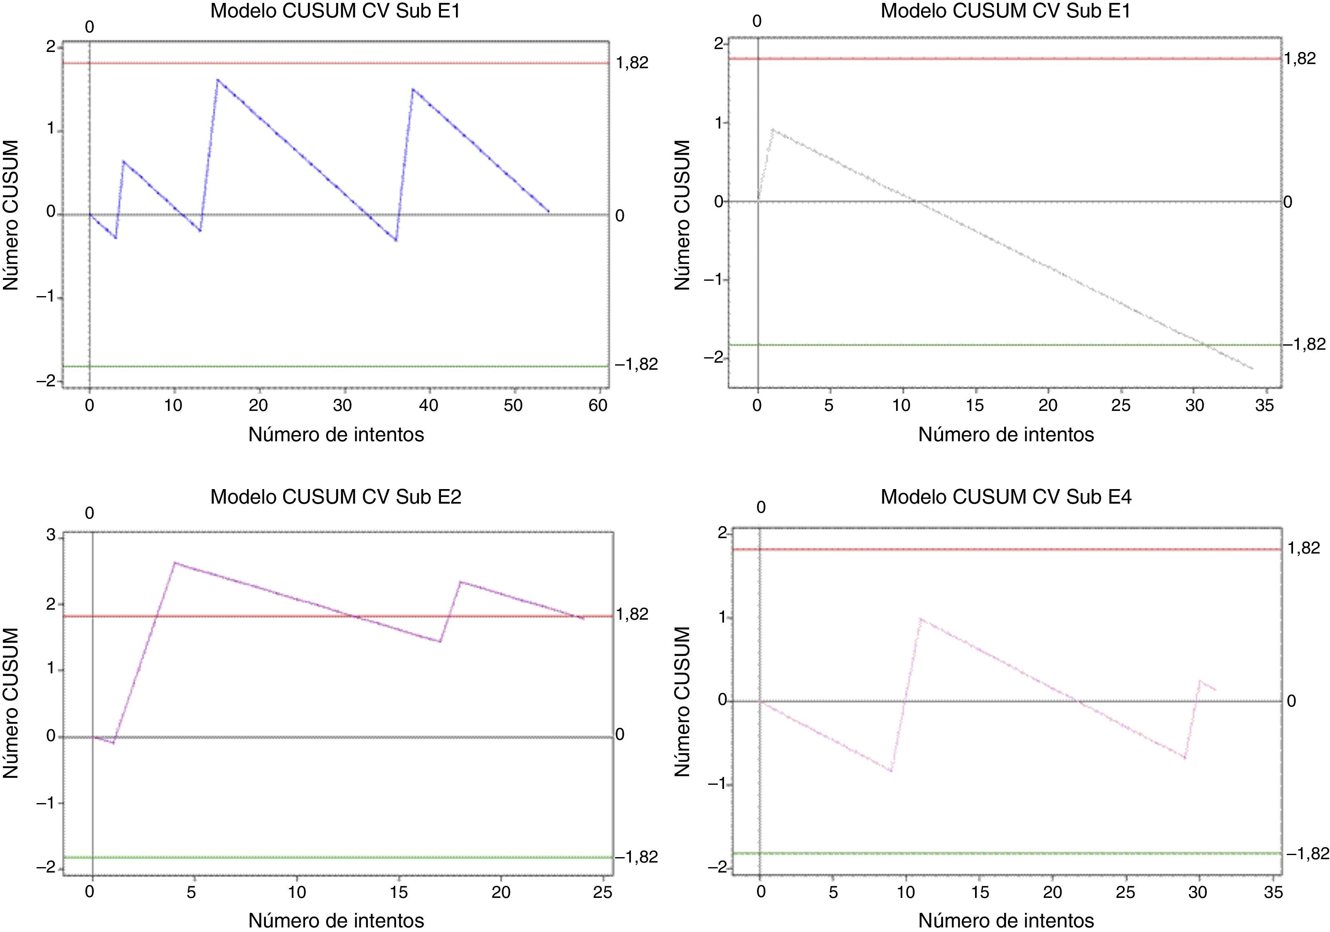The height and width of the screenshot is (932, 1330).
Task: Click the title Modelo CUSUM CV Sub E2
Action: click(335, 497)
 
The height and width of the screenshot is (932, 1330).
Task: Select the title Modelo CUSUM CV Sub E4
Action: click(1006, 497)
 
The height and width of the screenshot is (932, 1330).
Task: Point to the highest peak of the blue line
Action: click(217, 79)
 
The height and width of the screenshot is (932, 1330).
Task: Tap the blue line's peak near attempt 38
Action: click(412, 89)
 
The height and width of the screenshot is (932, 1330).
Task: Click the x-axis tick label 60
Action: click(598, 405)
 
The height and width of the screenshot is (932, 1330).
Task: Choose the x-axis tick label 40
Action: click(429, 405)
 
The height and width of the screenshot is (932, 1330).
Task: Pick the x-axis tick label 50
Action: click(513, 405)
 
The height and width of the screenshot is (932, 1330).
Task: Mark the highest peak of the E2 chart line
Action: click(175, 562)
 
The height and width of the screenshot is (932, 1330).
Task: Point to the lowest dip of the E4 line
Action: click(890, 771)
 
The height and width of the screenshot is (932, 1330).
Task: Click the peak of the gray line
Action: click(773, 129)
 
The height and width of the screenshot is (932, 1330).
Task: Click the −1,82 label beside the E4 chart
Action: click(1308, 853)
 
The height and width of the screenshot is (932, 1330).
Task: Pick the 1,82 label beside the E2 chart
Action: click(633, 614)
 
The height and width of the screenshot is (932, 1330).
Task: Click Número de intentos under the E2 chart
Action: click(336, 920)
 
